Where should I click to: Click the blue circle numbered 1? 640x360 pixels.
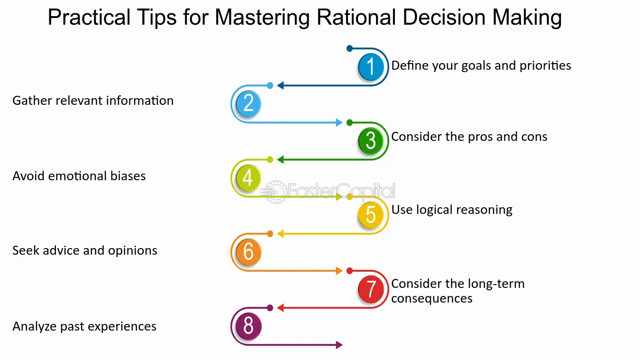371,67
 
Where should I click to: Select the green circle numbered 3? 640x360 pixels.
371,141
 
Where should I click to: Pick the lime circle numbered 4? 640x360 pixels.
248,178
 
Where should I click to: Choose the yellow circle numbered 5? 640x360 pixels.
371,214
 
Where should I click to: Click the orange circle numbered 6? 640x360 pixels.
248,252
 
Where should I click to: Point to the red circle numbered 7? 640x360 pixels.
371,289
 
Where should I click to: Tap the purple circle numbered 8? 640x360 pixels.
248,326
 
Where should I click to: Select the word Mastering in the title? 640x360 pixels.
261,18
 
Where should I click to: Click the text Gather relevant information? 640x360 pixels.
93,101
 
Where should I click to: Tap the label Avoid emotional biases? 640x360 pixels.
79,176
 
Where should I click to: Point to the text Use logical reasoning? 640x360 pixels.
452,210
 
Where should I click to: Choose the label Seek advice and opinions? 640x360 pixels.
85,250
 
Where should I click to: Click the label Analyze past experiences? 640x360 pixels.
84,326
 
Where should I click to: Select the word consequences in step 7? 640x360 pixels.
432,298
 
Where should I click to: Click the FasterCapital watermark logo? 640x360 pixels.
330,192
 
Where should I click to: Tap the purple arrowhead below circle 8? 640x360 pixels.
339,345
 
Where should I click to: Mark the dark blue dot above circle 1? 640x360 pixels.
349,48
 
